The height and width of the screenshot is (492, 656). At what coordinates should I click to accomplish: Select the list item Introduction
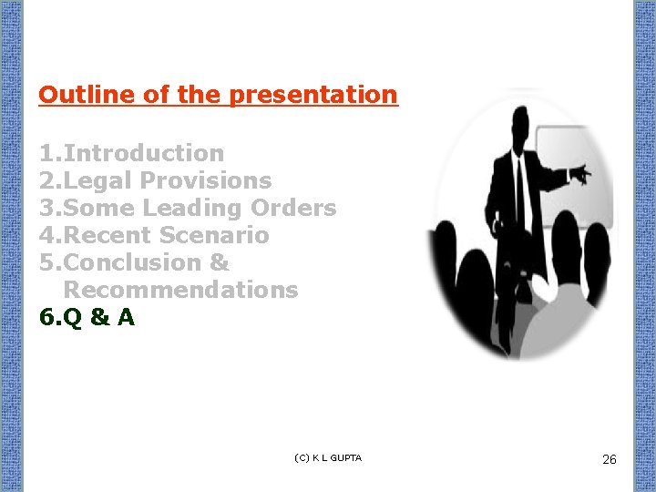pos(143,153)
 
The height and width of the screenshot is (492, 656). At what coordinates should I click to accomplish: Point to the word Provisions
pos(206,180)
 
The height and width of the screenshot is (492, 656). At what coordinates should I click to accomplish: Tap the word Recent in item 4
pos(108,235)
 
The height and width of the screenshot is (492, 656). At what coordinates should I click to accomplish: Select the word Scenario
pos(214,235)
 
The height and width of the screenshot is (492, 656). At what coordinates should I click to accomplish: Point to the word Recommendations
pos(180,290)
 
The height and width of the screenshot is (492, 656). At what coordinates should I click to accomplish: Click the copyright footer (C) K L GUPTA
pos(328,457)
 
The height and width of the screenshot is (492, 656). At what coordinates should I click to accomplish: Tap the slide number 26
pos(610,459)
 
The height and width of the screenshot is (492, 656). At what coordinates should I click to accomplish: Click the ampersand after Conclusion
pos(219,262)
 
